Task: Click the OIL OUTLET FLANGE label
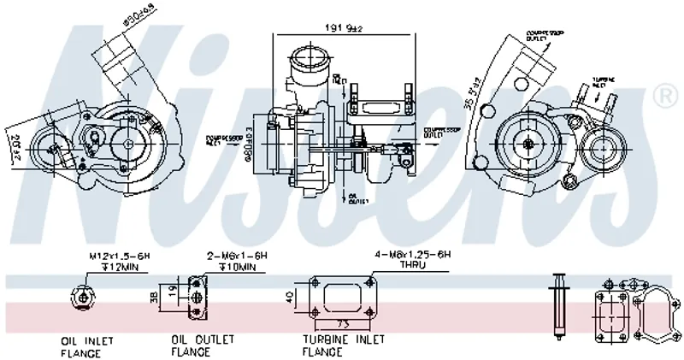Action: tap(202, 345)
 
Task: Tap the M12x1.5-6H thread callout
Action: tap(119, 256)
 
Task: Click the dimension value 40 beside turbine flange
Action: tap(290, 298)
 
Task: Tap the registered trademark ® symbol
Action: tap(662, 92)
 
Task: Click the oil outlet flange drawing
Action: tap(198, 296)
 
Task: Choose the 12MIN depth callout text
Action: tap(122, 267)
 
